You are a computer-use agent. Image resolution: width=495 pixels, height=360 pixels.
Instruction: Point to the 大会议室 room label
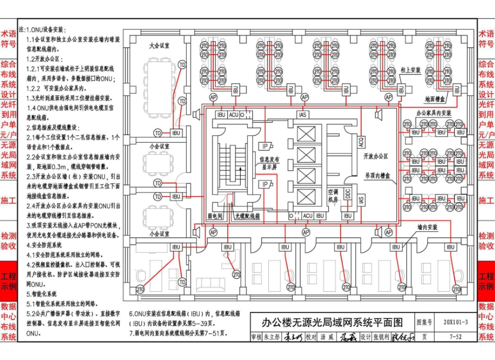point(159,46)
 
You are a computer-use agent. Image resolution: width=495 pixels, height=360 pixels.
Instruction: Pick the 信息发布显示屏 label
point(272,163)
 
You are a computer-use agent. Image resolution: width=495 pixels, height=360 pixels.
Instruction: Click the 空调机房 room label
point(332,195)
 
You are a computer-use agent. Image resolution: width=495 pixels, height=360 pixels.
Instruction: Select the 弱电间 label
point(215,215)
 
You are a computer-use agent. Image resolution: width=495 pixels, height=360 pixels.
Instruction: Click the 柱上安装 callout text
point(411,70)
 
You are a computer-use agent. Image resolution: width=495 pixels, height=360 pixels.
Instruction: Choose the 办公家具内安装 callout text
point(434,113)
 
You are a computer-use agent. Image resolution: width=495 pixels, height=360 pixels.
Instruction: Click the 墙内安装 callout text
point(427,228)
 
